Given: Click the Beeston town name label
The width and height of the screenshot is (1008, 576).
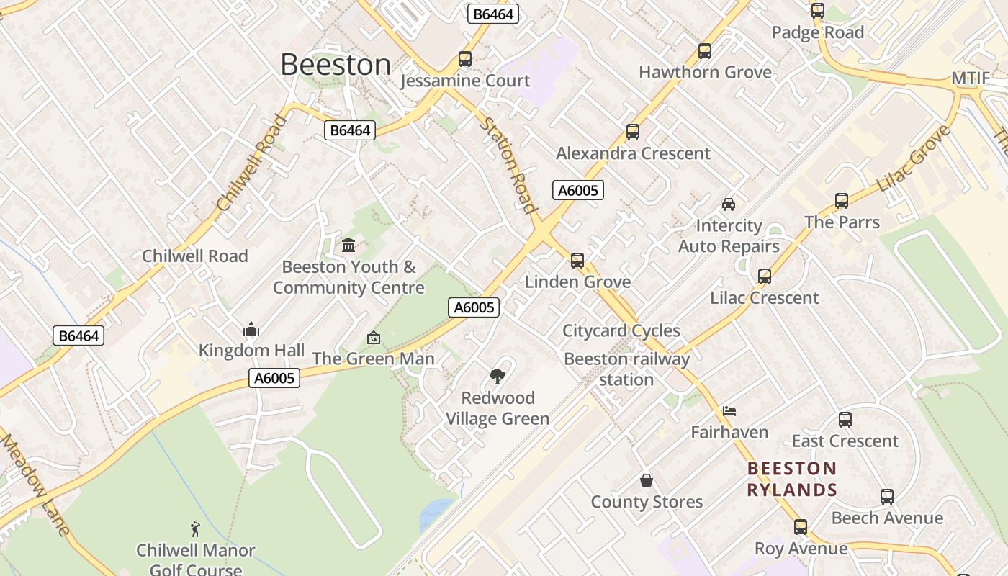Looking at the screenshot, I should coord(336,65).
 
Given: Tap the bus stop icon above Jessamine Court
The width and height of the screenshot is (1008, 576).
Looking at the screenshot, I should coord(465,59).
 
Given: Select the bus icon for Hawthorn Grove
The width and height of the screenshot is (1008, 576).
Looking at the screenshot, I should coord(705,51).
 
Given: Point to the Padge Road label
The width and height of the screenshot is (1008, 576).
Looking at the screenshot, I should coord(817,32).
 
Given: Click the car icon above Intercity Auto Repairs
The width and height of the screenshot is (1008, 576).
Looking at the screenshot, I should coord(729,204).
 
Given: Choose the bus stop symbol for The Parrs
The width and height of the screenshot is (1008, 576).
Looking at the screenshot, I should coord(842,201).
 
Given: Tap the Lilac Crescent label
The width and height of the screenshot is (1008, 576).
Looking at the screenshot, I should coord(765,297).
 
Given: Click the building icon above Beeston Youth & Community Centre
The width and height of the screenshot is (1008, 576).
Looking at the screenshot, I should coord(349,246).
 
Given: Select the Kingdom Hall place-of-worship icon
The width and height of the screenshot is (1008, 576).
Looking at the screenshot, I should coord(251,330).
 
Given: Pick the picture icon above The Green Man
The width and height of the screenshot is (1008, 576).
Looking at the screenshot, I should coord(374,338).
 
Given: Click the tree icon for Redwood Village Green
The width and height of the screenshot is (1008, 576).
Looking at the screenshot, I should coord(497,376).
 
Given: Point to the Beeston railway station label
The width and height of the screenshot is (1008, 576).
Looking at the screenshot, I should coord(626,369).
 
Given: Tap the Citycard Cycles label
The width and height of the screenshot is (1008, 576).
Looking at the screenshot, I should coord(621,330).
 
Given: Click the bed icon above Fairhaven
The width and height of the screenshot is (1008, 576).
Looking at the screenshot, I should coord(729,411).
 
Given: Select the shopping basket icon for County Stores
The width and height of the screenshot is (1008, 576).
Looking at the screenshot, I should coord(647,480).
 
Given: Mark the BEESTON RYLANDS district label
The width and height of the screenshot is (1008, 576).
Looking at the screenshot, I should coord(792,480).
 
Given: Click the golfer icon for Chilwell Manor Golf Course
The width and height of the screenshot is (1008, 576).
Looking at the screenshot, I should coord(195,530).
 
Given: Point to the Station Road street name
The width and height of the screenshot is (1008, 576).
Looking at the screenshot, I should coord(510,166).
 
